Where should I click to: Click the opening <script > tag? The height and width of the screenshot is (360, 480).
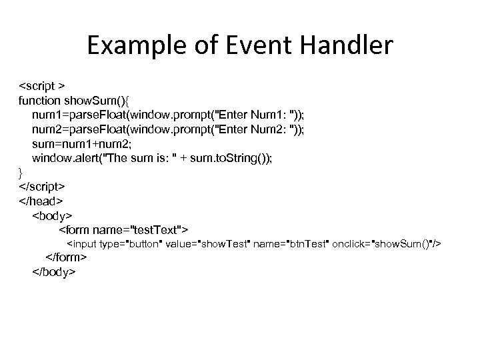click(41, 87)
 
